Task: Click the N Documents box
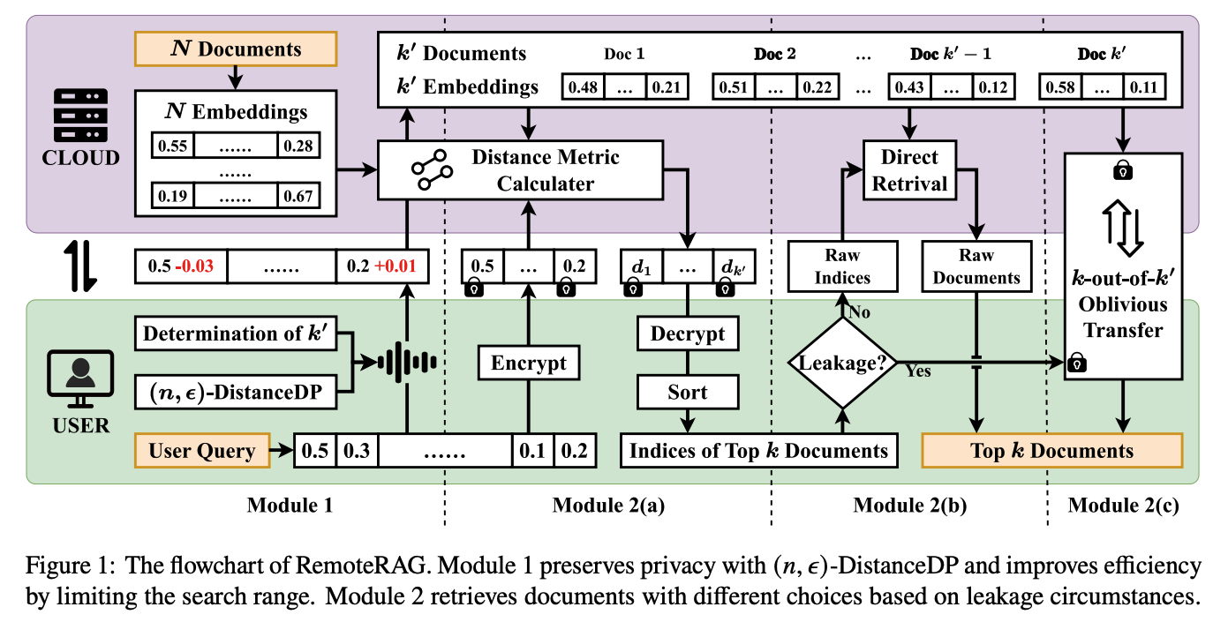pyautogui.click(x=236, y=49)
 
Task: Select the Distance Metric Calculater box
pyautogui.click(x=520, y=170)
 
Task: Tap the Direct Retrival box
pyautogui.click(x=909, y=170)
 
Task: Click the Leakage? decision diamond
pyautogui.click(x=842, y=362)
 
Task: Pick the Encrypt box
pyautogui.click(x=529, y=363)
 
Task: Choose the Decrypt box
pyautogui.click(x=687, y=333)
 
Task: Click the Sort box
pyautogui.click(x=687, y=392)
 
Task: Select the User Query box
pyautogui.click(x=202, y=450)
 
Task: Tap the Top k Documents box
pyautogui.click(x=1051, y=450)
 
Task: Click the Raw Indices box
pyautogui.click(x=842, y=266)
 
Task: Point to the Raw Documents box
pyautogui.click(x=976, y=266)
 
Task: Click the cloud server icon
pyautogui.click(x=80, y=116)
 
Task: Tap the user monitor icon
pyautogui.click(x=80, y=378)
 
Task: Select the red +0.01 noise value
pyautogui.click(x=396, y=266)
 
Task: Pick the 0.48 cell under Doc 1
pyautogui.click(x=583, y=86)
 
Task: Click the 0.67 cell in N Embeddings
pyautogui.click(x=298, y=196)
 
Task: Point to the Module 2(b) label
pyautogui.click(x=909, y=505)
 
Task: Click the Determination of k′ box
pyautogui.click(x=236, y=333)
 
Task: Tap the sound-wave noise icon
pyautogui.click(x=407, y=362)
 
